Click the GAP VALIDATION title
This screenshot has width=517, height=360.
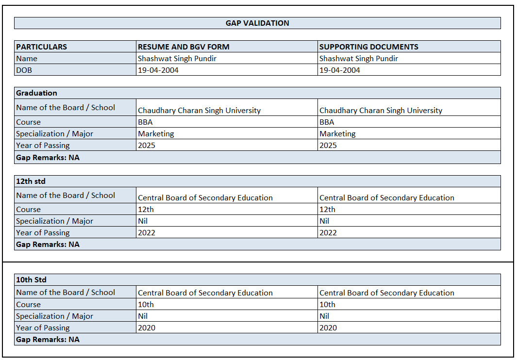point(257,23)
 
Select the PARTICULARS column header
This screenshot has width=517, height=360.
point(42,47)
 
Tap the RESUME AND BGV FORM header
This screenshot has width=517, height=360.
point(183,47)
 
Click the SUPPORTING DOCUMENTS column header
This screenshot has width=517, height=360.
point(368,47)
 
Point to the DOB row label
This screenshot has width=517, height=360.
point(24,70)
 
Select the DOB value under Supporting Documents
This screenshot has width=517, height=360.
point(339,70)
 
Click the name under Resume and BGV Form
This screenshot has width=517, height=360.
point(177,59)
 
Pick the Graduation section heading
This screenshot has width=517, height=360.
point(36,93)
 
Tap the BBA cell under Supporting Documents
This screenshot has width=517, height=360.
point(327,122)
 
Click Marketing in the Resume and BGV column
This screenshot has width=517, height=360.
point(156,134)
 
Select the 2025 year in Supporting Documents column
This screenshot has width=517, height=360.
point(328,146)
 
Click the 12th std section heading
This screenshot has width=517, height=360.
point(31,181)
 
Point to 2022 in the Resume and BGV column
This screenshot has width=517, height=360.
point(147,233)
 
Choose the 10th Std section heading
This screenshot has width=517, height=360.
point(31,280)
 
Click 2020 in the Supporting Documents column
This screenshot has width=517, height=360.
point(328,328)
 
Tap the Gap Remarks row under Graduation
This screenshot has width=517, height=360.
point(48,157)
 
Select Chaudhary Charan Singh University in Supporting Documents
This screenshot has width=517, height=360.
point(381,111)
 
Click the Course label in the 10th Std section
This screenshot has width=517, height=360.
point(28,305)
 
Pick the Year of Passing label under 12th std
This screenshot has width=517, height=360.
point(43,233)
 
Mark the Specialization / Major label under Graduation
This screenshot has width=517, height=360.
point(54,134)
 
